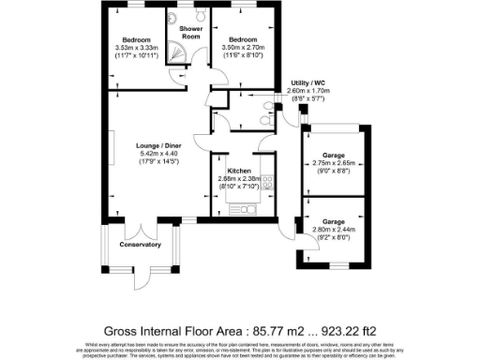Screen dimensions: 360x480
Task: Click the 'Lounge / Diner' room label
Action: click(x=157, y=145)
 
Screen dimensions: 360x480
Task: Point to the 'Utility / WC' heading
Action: click(x=308, y=82)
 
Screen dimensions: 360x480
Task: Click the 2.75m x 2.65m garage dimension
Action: click(x=333, y=162)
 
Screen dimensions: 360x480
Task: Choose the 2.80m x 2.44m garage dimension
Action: click(x=333, y=229)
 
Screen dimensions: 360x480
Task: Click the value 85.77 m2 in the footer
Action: click(x=281, y=330)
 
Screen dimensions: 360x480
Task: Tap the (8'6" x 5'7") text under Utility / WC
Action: click(x=308, y=97)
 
